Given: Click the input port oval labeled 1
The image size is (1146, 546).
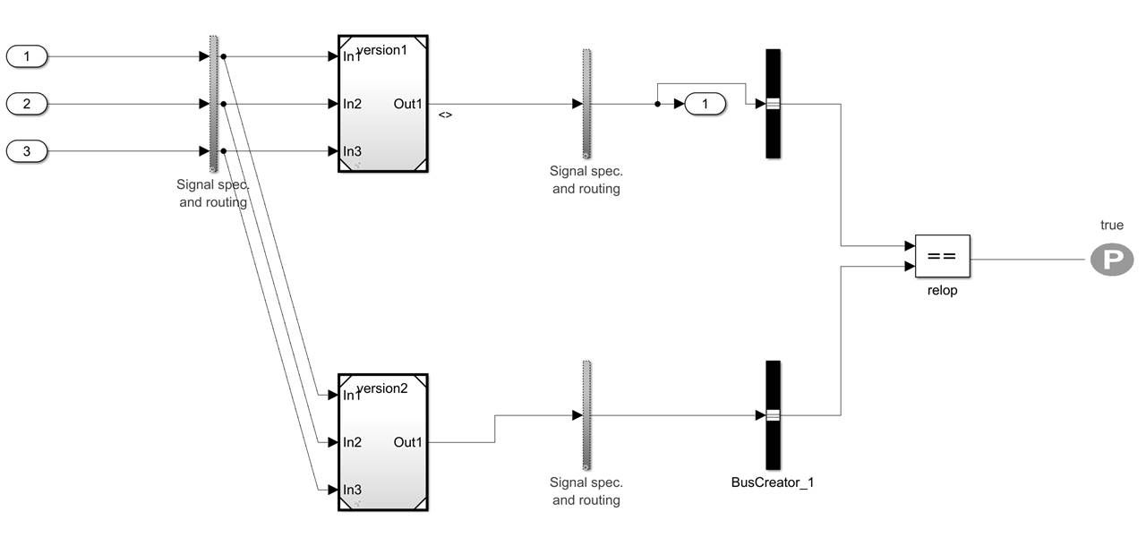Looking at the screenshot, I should pos(27,57).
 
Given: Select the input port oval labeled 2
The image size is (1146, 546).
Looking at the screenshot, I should pos(27,104).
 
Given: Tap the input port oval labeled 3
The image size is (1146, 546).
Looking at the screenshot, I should pos(27,151).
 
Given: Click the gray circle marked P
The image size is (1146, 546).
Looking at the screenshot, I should pos(1111,260).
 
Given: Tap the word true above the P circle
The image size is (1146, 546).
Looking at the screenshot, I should pos(1111,226).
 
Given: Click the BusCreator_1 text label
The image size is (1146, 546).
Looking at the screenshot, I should pos(773,482).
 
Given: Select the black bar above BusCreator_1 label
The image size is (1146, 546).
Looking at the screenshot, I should pos(773,414).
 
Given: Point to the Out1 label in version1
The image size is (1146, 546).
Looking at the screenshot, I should pos(407,104).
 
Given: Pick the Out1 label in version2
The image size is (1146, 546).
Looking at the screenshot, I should pos(407,442).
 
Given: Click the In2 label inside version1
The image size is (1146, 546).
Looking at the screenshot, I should pos(353,104).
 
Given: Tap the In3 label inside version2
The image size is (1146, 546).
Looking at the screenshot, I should pos(353,490).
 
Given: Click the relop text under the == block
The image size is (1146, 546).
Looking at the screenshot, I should pos(942,290).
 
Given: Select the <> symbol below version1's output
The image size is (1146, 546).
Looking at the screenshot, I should pos(445,115).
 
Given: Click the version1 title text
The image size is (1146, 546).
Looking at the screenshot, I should pos(382,50).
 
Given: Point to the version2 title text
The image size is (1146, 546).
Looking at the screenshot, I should pos(382,388).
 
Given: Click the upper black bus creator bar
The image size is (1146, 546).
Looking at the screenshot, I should pos(773,104).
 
